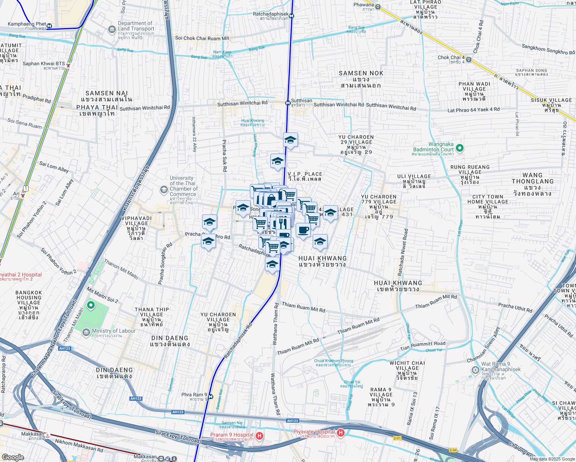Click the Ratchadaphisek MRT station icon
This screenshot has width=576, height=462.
[291, 16]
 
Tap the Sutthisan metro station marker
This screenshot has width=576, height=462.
[288, 103]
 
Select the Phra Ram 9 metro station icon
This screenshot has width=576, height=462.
[211, 396]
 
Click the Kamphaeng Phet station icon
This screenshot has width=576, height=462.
[49, 27]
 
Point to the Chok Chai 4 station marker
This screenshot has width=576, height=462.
[469, 60]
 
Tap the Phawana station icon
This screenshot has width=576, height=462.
[378, 7]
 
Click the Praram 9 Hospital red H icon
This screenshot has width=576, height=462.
[260, 436]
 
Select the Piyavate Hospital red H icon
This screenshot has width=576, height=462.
[340, 434]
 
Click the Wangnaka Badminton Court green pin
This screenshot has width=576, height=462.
[459, 148]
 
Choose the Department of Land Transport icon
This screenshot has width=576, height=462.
[112, 29]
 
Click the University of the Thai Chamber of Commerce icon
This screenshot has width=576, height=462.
[164, 189]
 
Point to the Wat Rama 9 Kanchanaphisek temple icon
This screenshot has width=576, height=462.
[475, 370]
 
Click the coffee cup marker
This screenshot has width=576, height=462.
[303, 230]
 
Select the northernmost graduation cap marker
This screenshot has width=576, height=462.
[290, 140]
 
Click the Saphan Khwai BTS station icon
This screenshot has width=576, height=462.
[69, 65]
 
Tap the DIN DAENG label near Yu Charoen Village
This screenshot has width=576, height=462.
[169, 338]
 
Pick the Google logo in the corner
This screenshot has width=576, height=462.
[13, 457]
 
